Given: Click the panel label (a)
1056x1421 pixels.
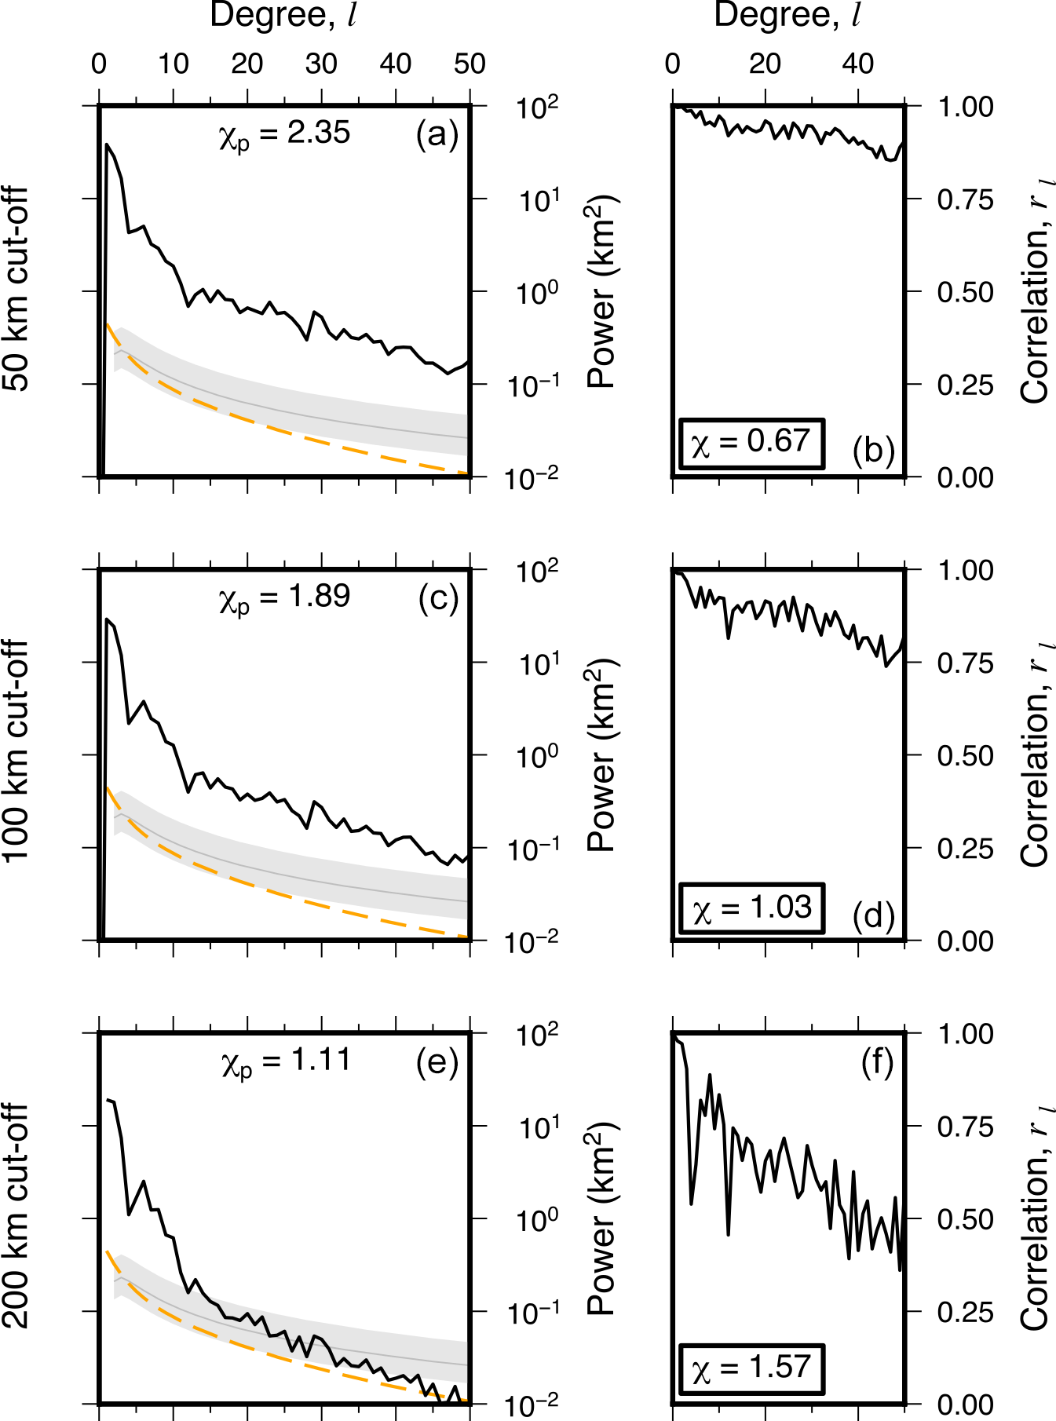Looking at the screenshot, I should click(x=437, y=135).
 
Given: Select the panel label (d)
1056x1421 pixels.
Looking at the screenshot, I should click(x=873, y=915).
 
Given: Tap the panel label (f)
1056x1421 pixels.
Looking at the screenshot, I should click(x=877, y=1063).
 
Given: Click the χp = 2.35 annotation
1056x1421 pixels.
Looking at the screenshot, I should click(x=284, y=134).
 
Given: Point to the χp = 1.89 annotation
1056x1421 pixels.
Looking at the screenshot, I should click(x=284, y=597).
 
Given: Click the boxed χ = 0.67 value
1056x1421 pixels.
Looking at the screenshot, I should click(x=751, y=443).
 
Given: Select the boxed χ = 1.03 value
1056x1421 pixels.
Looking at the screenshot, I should click(x=751, y=908).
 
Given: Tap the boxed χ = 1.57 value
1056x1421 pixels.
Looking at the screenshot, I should click(x=751, y=1369).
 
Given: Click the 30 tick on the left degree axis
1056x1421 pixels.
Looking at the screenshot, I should click(x=321, y=64).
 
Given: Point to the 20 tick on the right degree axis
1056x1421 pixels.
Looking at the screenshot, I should click(x=765, y=64).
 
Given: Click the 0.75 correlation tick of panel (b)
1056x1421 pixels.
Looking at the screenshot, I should click(x=965, y=199).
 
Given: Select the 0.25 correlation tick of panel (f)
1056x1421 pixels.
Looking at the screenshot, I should click(x=965, y=1312).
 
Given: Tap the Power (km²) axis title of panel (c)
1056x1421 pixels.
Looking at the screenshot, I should click(x=603, y=755).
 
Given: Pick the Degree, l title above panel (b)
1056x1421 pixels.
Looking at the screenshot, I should click(x=787, y=16).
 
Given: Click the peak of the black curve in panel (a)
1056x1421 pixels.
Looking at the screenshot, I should click(x=107, y=144).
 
